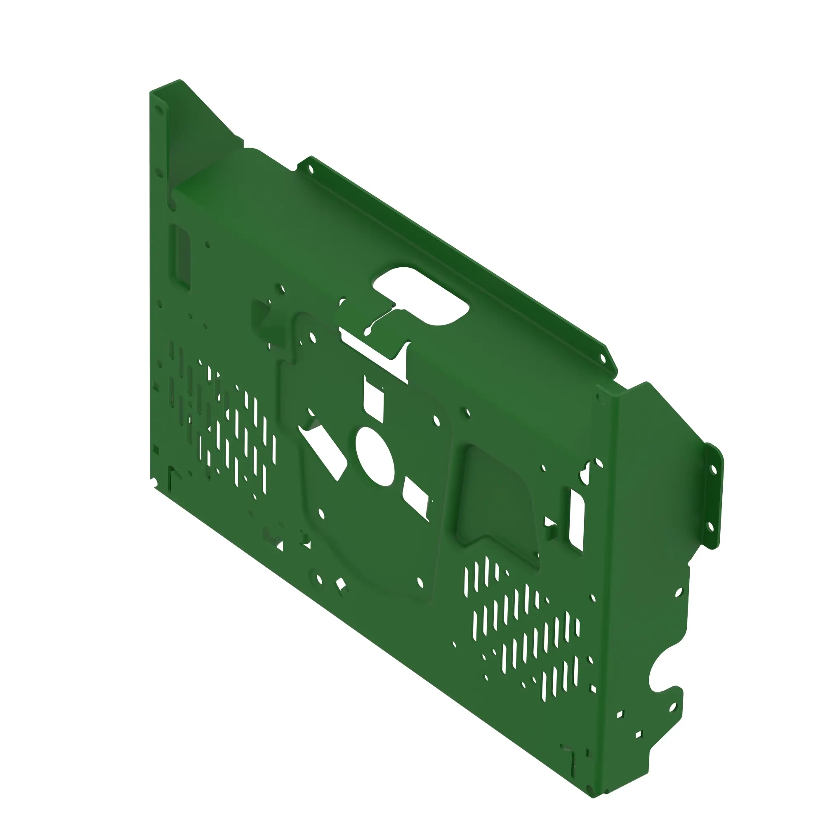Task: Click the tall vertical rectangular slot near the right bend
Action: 577,520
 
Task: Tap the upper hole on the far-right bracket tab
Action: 713,470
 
